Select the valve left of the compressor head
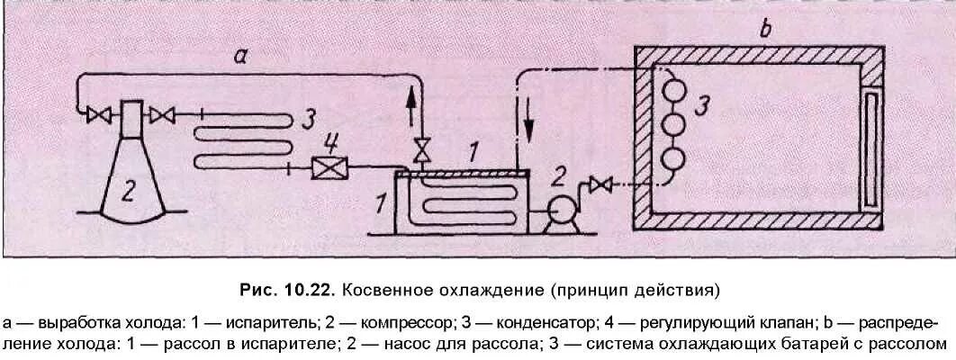93,114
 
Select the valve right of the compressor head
162,114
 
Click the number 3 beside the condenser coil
308,118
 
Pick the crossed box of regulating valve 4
323,167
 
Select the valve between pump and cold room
604,185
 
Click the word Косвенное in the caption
387,292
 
